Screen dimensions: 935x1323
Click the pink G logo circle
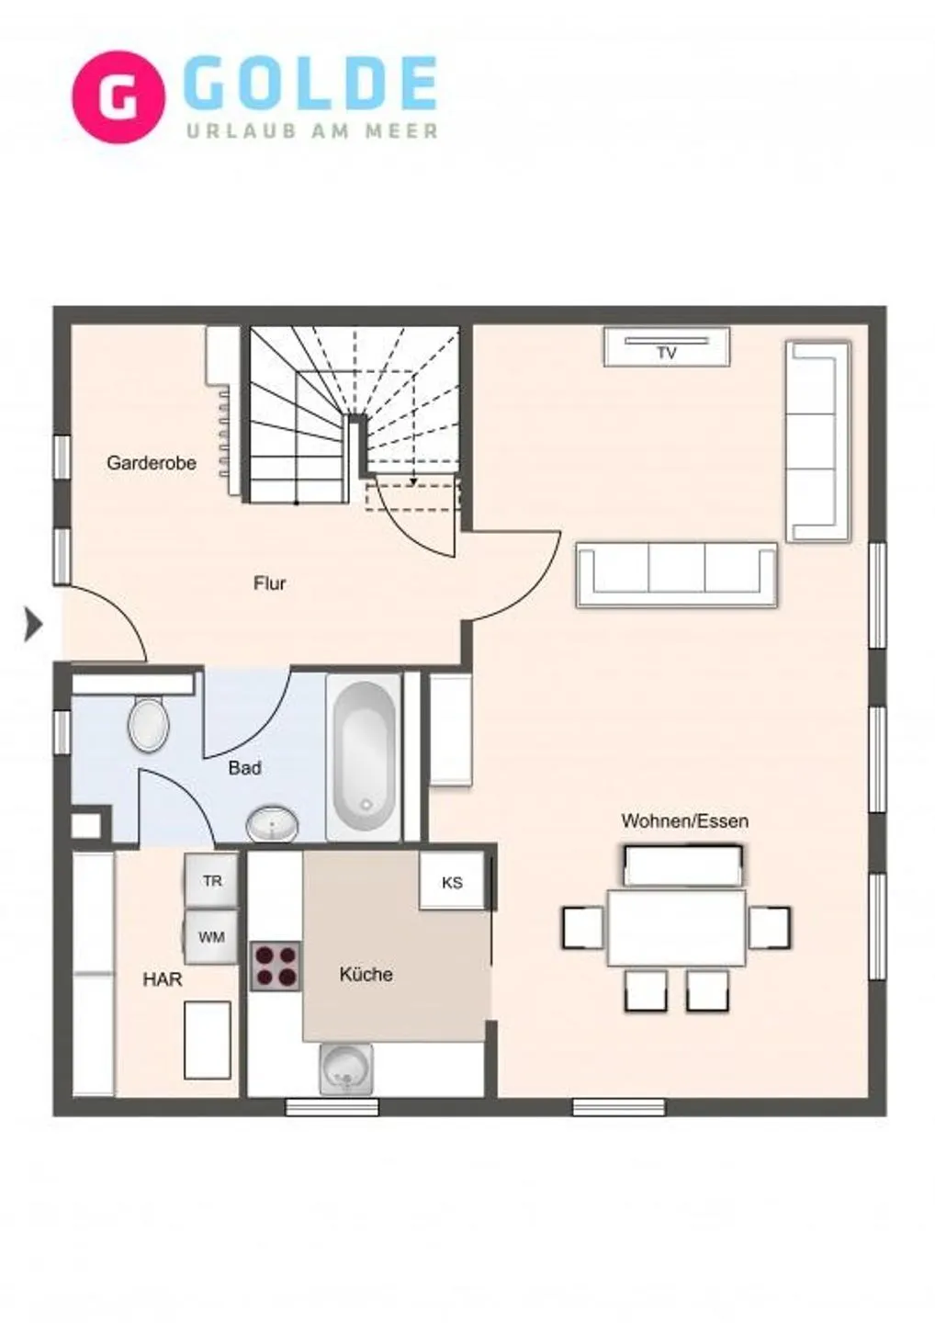pos(118,96)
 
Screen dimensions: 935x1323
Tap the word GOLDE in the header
pos(313,84)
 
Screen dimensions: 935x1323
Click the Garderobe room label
pos(152,463)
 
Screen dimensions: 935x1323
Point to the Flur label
pos(270,583)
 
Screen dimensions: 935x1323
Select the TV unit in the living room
pos(667,347)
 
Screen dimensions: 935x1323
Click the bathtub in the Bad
pos(364,758)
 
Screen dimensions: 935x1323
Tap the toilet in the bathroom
pos(148,724)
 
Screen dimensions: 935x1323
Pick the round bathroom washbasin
pos(272,823)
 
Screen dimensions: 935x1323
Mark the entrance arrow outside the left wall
pos(33,625)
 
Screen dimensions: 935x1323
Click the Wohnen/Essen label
pos(685,821)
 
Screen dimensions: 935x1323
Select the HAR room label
pos(163,979)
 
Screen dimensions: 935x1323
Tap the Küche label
pos(366,974)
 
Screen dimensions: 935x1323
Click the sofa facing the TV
pos(677,575)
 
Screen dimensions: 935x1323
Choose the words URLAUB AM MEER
pos(313,130)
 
